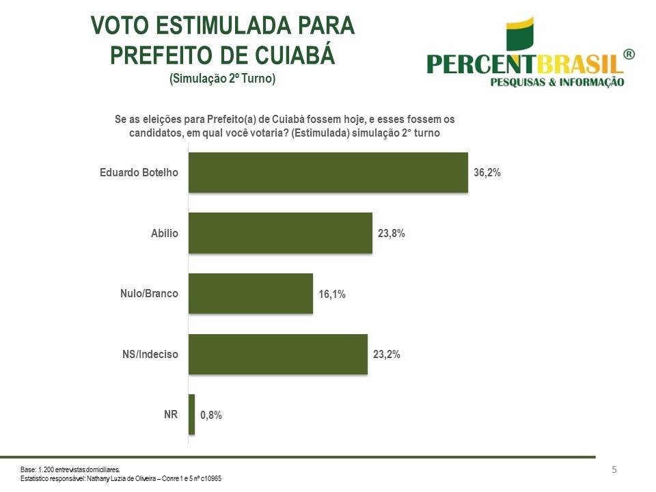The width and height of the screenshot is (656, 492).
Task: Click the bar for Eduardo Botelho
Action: click(x=328, y=172)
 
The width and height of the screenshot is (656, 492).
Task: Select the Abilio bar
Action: click(x=280, y=233)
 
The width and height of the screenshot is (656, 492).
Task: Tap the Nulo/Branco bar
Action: click(x=250, y=294)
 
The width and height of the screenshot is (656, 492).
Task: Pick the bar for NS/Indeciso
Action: click(x=277, y=355)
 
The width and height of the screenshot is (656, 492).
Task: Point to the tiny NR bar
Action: click(x=191, y=415)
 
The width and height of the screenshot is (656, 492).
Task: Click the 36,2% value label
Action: click(x=487, y=173)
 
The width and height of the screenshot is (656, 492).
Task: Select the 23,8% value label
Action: click(x=392, y=234)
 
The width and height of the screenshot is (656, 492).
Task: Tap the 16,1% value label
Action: click(x=332, y=295)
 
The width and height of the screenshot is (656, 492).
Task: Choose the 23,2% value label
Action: click(x=387, y=355)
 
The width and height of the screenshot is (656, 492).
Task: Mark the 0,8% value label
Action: click(x=211, y=415)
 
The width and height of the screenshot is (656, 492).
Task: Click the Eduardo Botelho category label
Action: click(x=139, y=172)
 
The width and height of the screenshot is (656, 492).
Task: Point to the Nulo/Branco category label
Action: click(x=149, y=294)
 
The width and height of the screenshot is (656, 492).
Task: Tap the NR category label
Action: click(x=171, y=414)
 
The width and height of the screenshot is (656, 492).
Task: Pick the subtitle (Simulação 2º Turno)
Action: click(x=222, y=79)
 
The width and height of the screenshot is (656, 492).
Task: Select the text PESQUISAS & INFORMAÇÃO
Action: click(x=558, y=82)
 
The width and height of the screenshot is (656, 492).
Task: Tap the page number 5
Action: click(x=614, y=469)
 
